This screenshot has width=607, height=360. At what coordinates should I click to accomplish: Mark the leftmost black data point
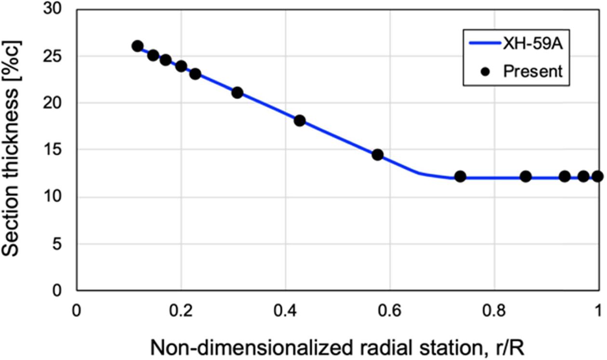tap(137, 46)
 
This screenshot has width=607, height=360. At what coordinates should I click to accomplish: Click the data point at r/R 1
tap(597, 176)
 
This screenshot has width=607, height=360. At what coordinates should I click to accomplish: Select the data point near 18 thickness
tap(300, 120)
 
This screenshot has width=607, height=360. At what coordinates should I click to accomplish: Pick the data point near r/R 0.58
tap(378, 155)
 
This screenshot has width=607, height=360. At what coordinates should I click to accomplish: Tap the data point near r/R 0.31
tap(237, 93)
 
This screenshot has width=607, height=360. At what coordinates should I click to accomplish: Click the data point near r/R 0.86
tap(526, 176)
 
